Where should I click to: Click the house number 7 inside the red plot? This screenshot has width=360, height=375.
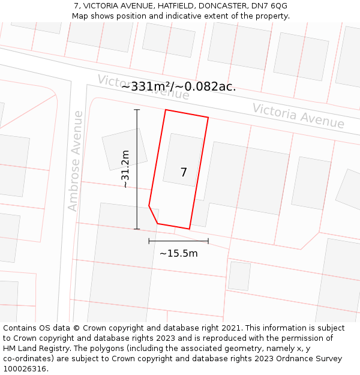184,173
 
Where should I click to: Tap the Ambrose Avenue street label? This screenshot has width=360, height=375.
74,160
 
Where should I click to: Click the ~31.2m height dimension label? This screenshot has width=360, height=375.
125,169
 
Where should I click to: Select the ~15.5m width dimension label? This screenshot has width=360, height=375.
178,253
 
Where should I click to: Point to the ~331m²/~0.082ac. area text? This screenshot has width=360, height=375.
178,86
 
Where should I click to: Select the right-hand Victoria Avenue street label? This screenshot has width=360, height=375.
298,116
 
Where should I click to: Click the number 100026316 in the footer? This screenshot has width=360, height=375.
25,369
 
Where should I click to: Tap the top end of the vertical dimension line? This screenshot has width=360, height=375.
137,110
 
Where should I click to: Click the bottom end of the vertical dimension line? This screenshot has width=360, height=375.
137,229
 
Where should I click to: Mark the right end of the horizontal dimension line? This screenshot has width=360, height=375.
208,241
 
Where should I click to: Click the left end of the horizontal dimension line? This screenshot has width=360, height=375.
149,241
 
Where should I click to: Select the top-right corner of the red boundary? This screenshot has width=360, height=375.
208,118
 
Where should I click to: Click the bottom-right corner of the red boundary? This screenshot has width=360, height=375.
190,229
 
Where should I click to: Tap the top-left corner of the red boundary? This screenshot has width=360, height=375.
166,110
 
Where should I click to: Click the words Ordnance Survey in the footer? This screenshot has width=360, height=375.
311,359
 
